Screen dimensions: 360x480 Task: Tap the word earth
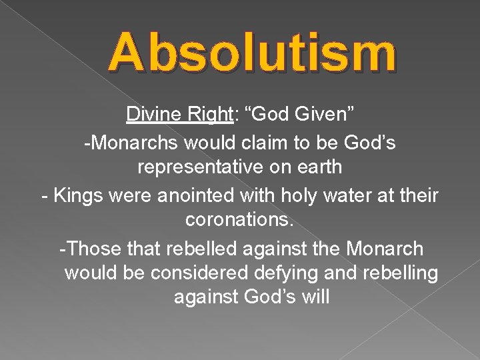(319, 167)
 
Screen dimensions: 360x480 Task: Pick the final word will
(315, 297)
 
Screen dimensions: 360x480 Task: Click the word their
(415, 195)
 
